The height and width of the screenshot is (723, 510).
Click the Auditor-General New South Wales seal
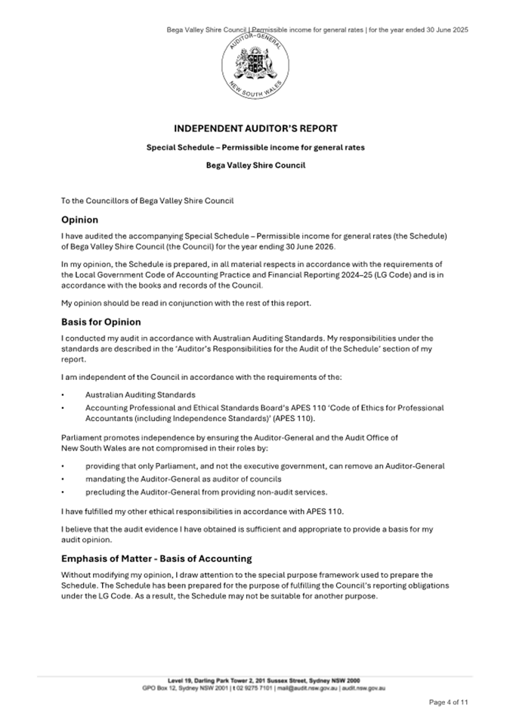(x=255, y=66)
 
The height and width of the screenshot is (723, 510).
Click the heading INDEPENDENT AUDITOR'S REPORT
(x=255, y=128)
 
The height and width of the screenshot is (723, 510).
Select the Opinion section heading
(x=79, y=220)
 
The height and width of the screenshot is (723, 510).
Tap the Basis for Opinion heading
(x=100, y=322)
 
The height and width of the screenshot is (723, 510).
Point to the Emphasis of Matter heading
(x=156, y=559)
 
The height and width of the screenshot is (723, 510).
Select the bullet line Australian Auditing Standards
(x=140, y=394)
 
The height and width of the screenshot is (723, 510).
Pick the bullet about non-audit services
(x=206, y=491)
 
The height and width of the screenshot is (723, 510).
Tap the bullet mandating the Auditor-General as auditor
(x=183, y=479)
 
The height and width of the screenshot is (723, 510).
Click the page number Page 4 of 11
(x=449, y=703)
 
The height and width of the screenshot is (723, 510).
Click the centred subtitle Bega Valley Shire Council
(x=255, y=165)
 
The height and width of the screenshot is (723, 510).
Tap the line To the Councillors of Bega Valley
(x=147, y=200)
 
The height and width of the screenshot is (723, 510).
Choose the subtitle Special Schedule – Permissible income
(x=255, y=147)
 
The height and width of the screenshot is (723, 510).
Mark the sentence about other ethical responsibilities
(x=202, y=511)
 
